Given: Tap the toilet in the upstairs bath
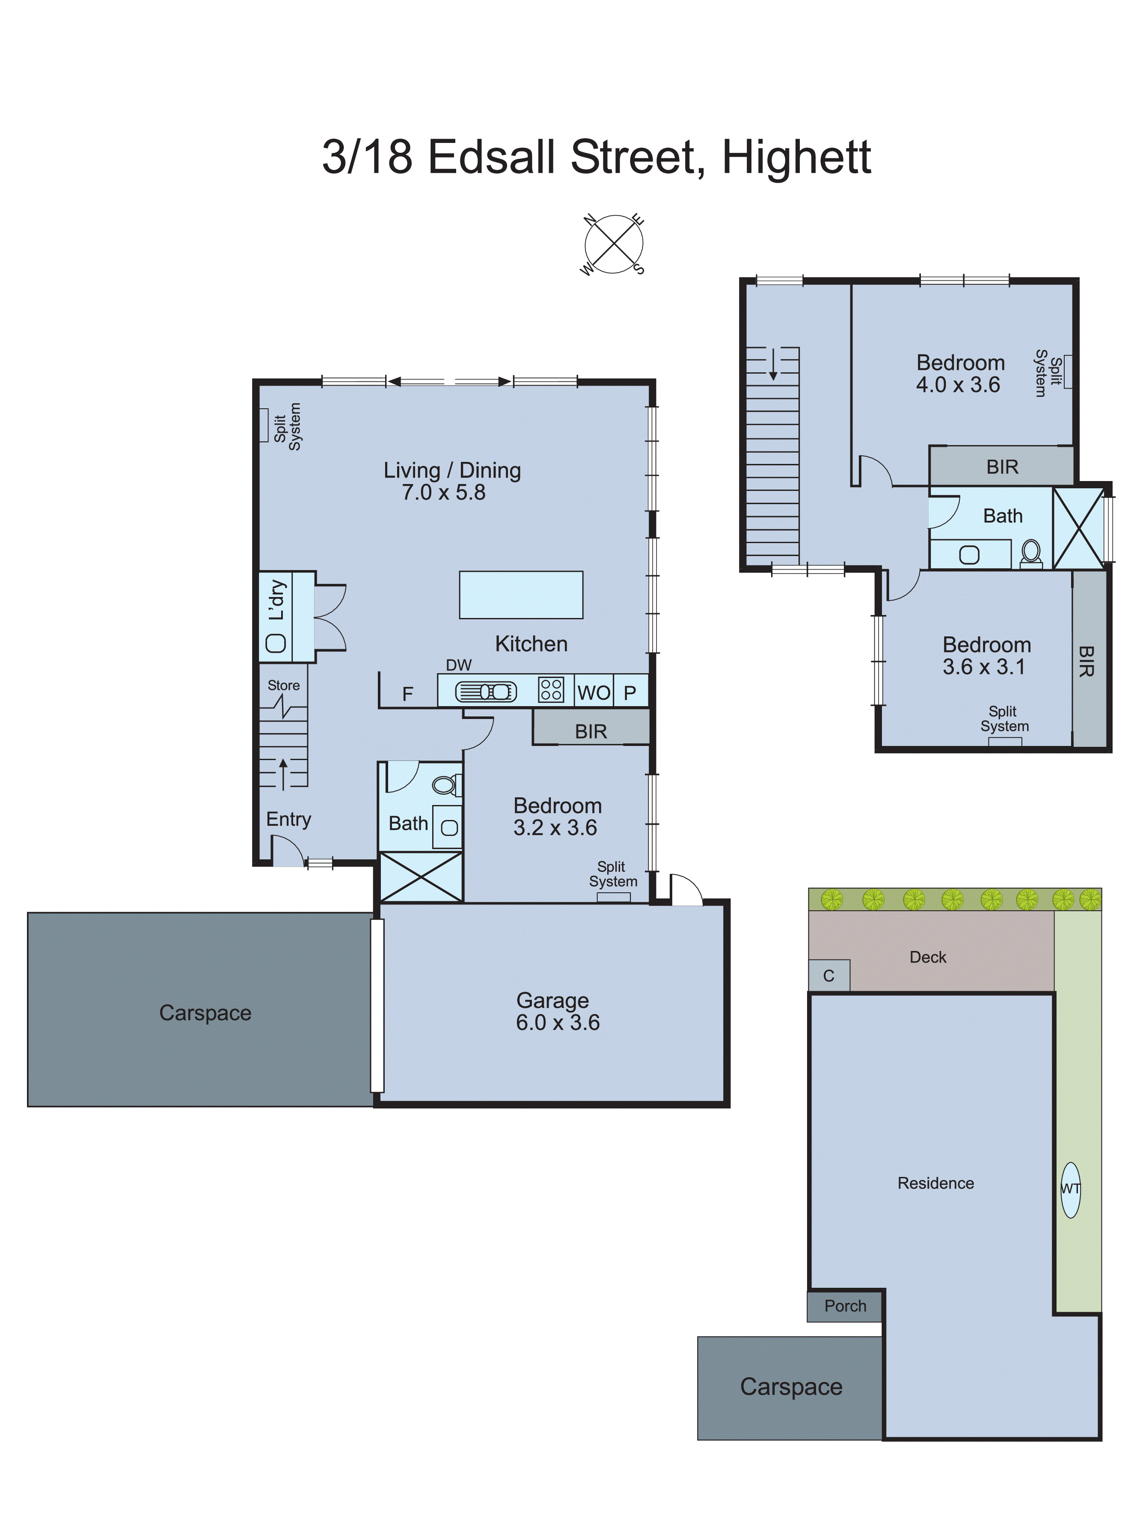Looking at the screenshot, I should click(x=1030, y=552).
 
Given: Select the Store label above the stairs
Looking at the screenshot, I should click(x=283, y=685).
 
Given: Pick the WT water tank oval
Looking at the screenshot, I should click(x=1070, y=1190).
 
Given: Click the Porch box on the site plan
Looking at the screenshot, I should click(x=845, y=1306).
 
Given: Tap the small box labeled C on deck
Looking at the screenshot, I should click(x=828, y=975).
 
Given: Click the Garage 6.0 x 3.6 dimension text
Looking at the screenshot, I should click(x=558, y=1022).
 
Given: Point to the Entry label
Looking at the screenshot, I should click(x=288, y=819).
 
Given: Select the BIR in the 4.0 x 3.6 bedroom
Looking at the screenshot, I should click(x=1001, y=467).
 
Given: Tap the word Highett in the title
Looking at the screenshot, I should click(x=796, y=157).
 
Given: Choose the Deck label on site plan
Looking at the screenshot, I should click(x=927, y=957).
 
